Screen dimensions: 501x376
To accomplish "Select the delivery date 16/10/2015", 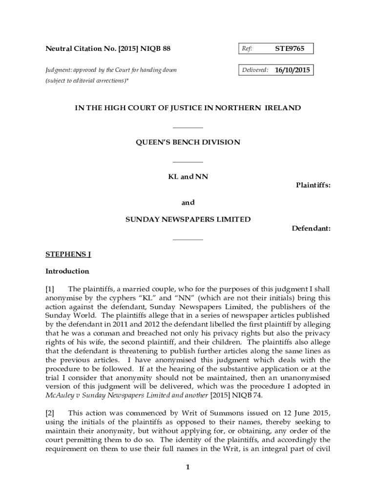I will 292,70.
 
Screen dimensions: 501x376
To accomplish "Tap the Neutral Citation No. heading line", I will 108,49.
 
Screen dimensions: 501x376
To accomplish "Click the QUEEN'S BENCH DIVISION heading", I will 188,142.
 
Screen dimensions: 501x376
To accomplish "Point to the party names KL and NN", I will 188,177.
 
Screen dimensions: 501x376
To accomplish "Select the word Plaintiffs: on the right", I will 313,185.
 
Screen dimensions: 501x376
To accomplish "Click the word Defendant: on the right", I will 311,228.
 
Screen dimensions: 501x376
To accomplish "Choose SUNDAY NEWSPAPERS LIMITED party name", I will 188,220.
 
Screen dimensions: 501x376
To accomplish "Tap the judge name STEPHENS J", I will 68,254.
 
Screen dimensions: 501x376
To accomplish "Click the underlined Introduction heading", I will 67,271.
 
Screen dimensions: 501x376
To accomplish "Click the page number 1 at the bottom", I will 188,467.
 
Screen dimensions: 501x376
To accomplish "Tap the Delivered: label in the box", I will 255,70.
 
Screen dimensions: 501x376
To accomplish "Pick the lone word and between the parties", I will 188,203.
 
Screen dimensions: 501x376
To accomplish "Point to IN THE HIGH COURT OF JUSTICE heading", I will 188,108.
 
